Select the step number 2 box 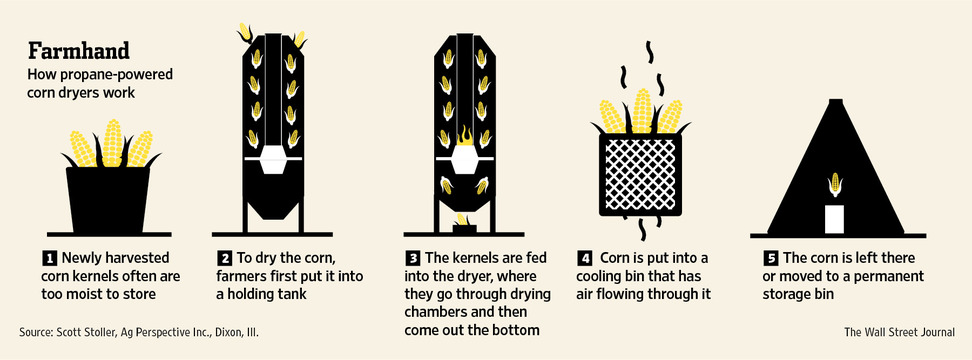tap(224, 257)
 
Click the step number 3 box tap(412, 257)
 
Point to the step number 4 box tap(584, 257)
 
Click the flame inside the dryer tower tap(464, 135)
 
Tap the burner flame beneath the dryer tap(464, 220)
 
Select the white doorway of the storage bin tap(834, 218)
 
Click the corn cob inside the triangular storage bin tap(835, 184)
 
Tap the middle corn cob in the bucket tap(112, 143)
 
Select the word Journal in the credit tap(935, 333)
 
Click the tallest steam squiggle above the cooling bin tap(649, 53)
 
